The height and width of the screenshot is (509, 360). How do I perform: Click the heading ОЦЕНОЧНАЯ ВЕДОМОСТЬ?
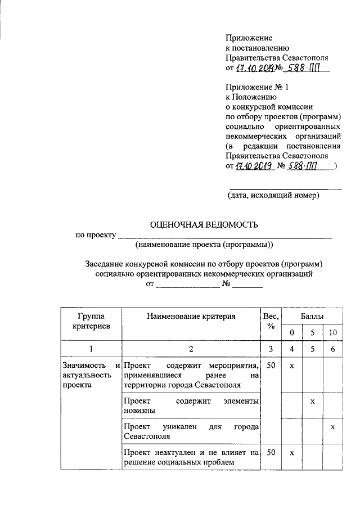[204, 224]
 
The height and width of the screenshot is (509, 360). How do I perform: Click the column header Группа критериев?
[91, 321]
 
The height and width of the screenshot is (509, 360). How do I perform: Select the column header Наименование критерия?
[191, 317]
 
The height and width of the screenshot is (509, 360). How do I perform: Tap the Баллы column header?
[312, 317]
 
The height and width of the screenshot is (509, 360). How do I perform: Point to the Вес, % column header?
[271, 321]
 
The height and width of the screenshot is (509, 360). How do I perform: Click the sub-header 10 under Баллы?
[333, 332]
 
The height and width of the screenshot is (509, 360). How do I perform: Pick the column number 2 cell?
[191, 349]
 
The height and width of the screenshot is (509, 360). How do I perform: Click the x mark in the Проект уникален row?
[332, 427]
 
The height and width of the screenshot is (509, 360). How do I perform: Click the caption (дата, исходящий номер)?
[273, 196]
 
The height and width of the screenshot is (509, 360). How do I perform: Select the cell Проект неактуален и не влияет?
[191, 457]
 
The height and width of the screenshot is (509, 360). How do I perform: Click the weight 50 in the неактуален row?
[271, 452]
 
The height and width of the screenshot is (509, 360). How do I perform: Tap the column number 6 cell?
[333, 349]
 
